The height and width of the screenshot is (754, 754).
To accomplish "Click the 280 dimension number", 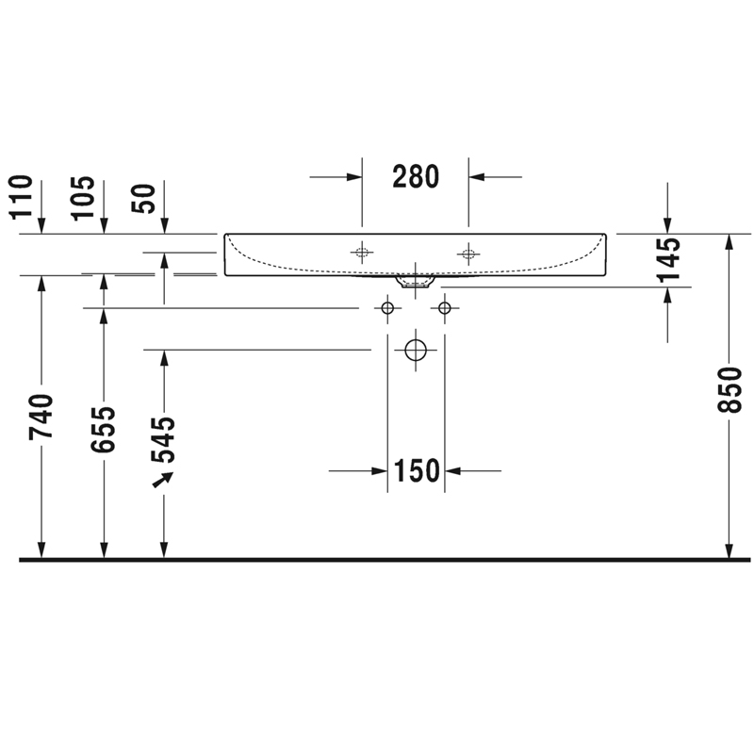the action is (x=416, y=176).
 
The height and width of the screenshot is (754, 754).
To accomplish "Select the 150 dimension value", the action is (x=417, y=470).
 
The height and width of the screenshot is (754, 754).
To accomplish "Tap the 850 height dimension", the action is (x=729, y=389).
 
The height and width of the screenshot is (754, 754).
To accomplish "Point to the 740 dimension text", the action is (x=41, y=417).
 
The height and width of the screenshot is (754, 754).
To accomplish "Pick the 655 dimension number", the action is (x=104, y=430).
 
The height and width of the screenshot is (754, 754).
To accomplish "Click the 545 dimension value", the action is (x=163, y=439).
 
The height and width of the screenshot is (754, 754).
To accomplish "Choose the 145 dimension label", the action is (x=668, y=259).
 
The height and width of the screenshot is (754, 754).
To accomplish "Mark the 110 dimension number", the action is (x=21, y=197).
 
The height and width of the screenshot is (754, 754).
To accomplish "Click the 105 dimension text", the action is (x=83, y=198).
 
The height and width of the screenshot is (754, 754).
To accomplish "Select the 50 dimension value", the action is (x=144, y=199).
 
